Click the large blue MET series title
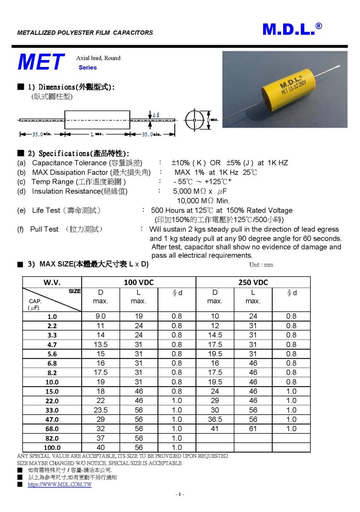pyautogui.click(x=41, y=62)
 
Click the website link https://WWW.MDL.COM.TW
pyautogui.click(x=60, y=485)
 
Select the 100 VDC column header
pyautogui.click(x=138, y=282)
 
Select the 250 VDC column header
pyautogui.click(x=253, y=282)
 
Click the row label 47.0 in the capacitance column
pyautogui.click(x=52, y=420)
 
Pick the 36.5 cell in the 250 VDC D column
pyautogui.click(x=215, y=419)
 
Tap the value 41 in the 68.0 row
pyautogui.click(x=215, y=429)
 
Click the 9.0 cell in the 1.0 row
pyautogui.click(x=100, y=316)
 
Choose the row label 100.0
pyautogui.click(x=52, y=448)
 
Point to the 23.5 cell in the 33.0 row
pyautogui.click(x=100, y=410)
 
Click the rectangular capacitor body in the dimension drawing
pyautogui.click(x=97, y=120)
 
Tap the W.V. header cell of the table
pyautogui.click(x=52, y=282)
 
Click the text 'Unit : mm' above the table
pyautogui.click(x=261, y=265)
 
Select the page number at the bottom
pyautogui.click(x=180, y=495)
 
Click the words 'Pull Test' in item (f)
pyautogui.click(x=44, y=229)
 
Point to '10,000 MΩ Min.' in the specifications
pyautogui.click(x=203, y=201)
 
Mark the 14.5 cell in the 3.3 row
pyautogui.click(x=215, y=335)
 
